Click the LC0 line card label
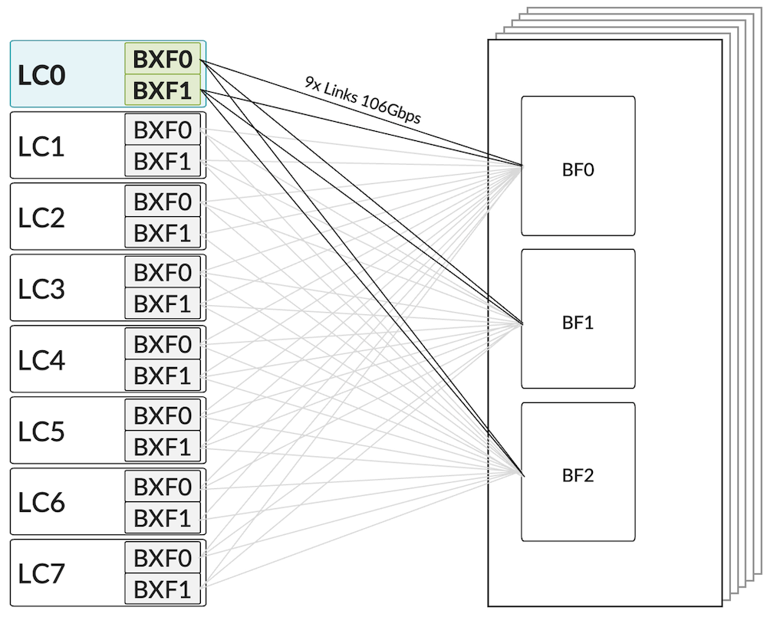(x=41, y=75)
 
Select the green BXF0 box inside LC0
(x=163, y=59)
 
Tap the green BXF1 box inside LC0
(x=163, y=90)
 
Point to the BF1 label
(x=578, y=323)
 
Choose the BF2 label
(x=578, y=476)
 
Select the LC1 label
(x=41, y=146)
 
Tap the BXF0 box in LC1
(x=163, y=130)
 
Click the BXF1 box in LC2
(x=163, y=233)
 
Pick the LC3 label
(x=41, y=289)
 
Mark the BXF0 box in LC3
(x=163, y=272)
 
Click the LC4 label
(x=41, y=360)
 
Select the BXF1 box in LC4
(x=163, y=376)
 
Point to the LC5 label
(x=41, y=432)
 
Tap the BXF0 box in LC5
(x=163, y=415)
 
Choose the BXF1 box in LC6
(x=163, y=518)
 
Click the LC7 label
(x=41, y=573)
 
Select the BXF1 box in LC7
(x=163, y=589)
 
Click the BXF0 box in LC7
(x=163, y=557)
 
